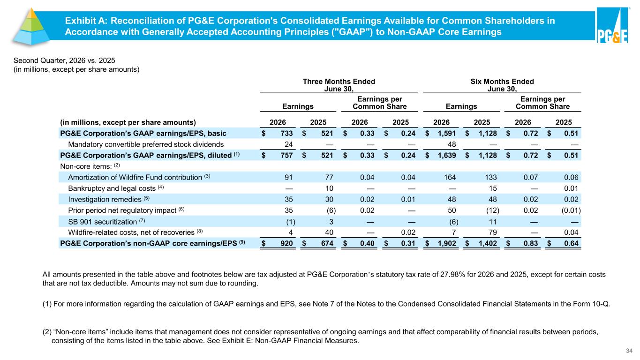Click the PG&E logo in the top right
click(x=612, y=25)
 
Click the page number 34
click(x=629, y=351)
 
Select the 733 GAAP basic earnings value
click(x=286, y=134)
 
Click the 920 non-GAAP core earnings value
click(x=286, y=243)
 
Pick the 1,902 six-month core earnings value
click(x=447, y=243)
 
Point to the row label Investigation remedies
click(x=105, y=199)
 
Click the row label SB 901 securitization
click(x=103, y=222)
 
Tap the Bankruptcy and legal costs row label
click(x=112, y=188)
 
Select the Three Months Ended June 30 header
click(x=339, y=85)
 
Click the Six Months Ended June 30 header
click(x=502, y=85)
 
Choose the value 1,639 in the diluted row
click(x=447, y=156)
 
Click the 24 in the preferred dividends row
click(x=288, y=144)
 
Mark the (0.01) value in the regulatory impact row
click(x=571, y=210)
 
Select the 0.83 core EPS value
click(x=531, y=243)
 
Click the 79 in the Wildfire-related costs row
click(x=493, y=232)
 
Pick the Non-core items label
click(x=86, y=166)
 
